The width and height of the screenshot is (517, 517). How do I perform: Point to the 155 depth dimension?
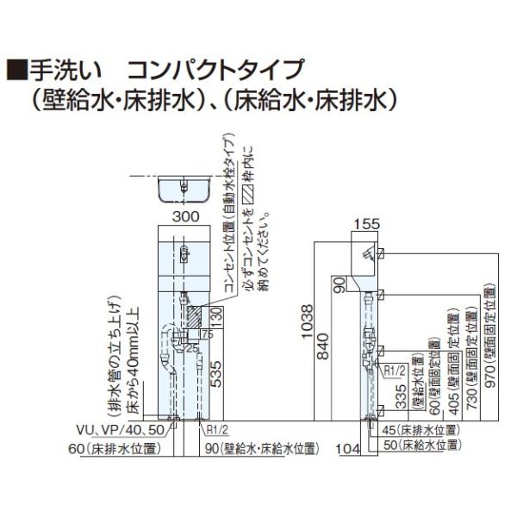pyautogui.click(x=366, y=225)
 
